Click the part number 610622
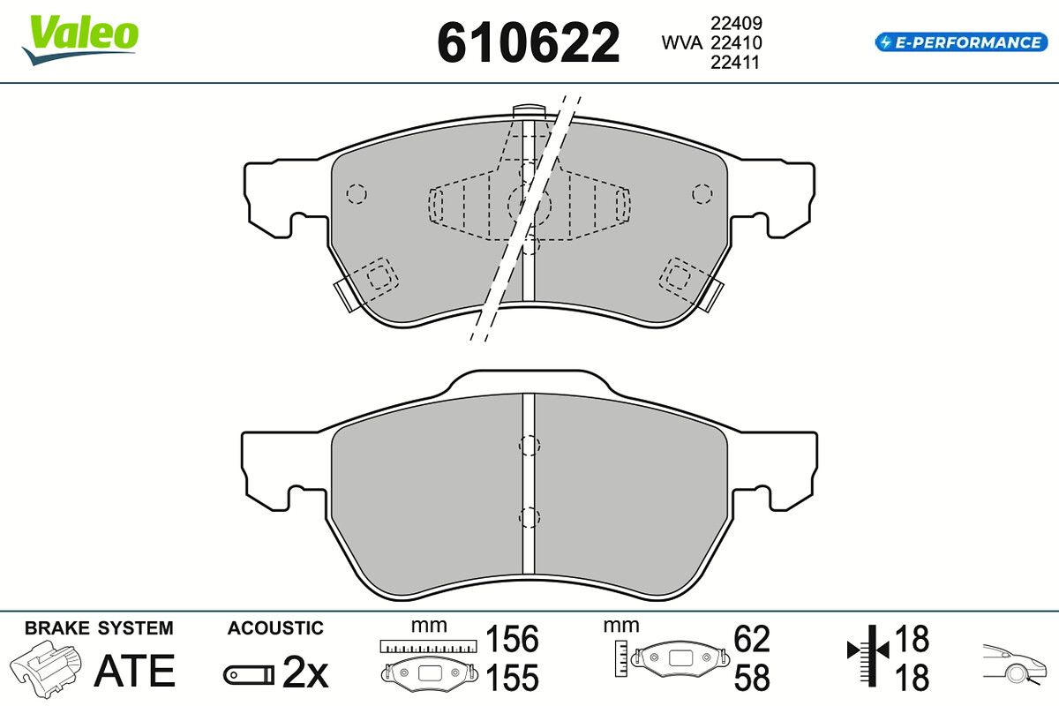pos(528,42)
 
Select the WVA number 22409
pos(736,23)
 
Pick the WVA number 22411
pos(735,62)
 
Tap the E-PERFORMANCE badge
pos(961,42)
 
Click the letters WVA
pos(681,42)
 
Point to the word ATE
pos(135,671)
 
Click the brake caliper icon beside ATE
pos(45,668)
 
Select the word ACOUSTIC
pos(275,628)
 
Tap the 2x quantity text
pos(305,672)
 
